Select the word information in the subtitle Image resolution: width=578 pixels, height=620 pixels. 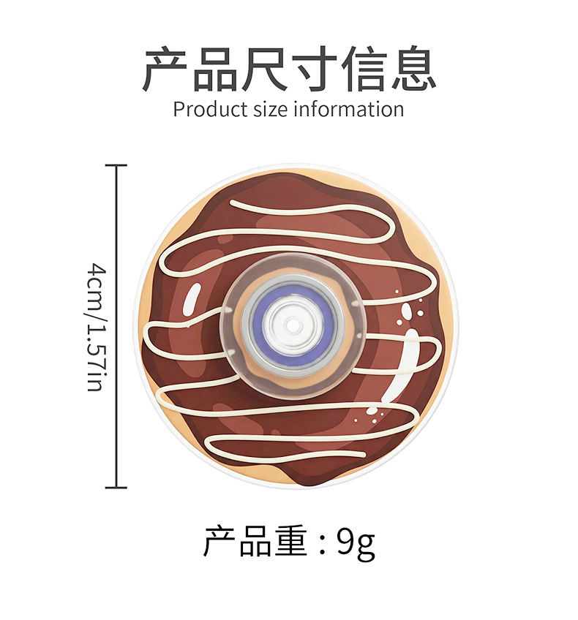tap(348, 110)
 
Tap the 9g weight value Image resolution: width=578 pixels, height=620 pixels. tap(356, 542)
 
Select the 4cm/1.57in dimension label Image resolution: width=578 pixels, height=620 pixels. tap(95, 327)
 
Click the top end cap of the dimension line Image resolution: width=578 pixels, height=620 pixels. tap(116, 166)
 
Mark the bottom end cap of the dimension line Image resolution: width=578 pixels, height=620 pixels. tap(116, 487)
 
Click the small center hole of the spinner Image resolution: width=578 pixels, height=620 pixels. tap(291, 322)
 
